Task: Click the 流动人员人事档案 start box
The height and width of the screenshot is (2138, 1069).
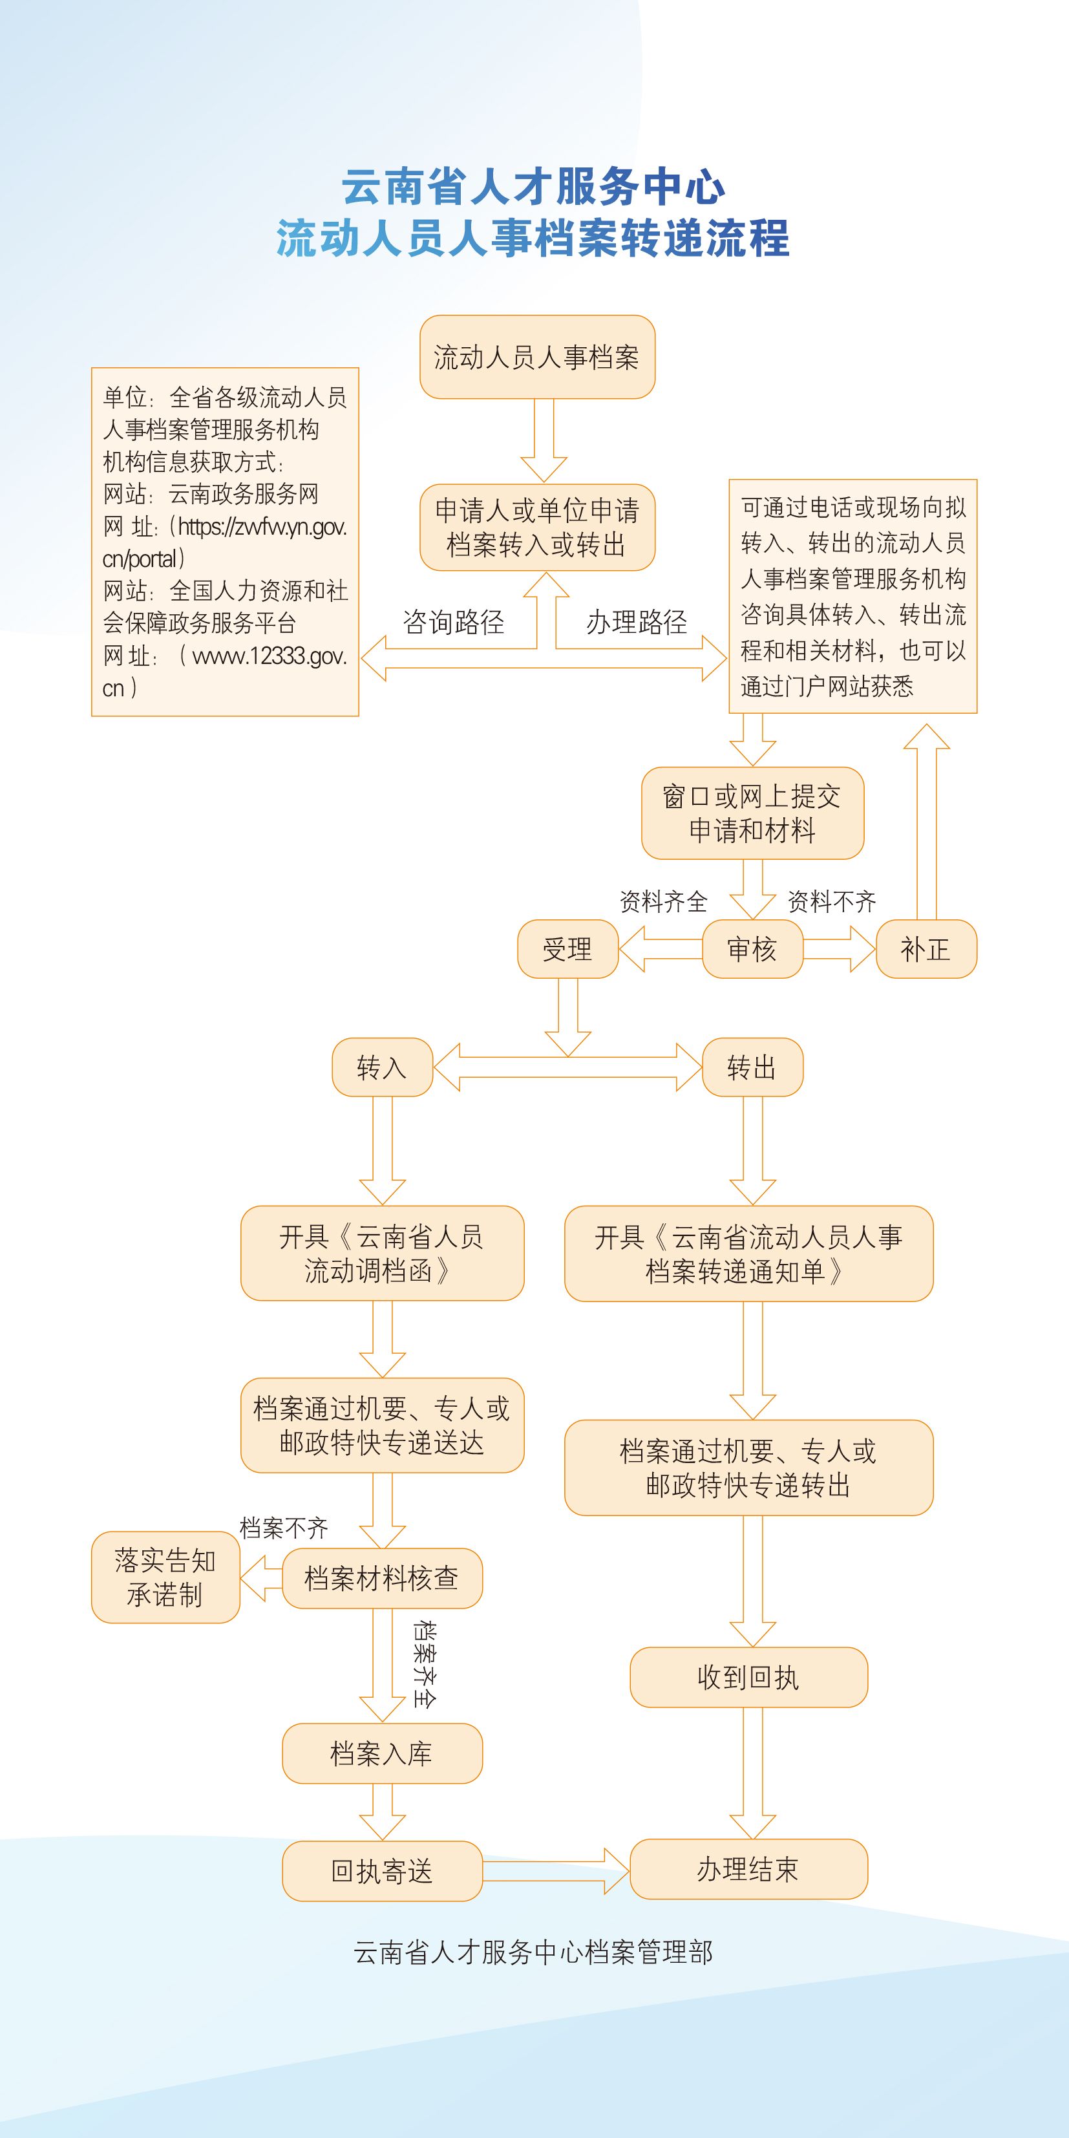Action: [x=537, y=357]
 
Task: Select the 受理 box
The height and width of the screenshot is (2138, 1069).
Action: [x=567, y=948]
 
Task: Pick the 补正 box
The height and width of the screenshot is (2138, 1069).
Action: [x=926, y=948]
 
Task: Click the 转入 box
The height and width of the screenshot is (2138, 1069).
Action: [x=382, y=1067]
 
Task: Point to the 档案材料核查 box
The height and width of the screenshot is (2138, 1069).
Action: [x=382, y=1577]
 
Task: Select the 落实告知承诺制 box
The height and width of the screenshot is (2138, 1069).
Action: [x=165, y=1577]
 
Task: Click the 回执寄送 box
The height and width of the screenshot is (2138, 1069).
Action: [x=382, y=1871]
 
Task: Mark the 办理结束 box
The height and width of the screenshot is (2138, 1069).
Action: [x=748, y=1869]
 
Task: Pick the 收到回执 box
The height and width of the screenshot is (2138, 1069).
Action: [x=748, y=1676]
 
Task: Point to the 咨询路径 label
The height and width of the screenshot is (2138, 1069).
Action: [x=453, y=622]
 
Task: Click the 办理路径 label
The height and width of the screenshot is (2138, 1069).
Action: [x=637, y=622]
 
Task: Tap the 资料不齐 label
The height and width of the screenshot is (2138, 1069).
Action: [x=832, y=901]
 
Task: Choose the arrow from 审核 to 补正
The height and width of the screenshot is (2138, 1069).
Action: [x=839, y=948]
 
